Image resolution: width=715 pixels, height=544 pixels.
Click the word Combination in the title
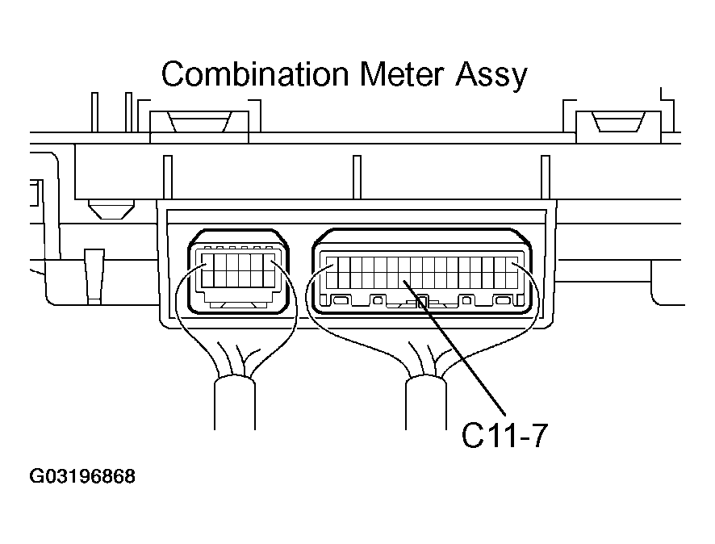254,74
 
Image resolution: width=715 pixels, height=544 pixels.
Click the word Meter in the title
401,74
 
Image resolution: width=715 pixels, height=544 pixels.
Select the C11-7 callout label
504,436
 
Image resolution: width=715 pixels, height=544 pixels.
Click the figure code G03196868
82,476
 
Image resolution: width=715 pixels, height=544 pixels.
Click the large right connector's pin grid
422,273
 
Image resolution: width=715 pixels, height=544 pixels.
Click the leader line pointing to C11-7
454,348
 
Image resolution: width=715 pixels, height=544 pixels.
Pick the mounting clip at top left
199,121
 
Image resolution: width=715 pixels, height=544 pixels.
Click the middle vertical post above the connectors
357,178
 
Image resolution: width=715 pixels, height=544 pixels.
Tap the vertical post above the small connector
168,178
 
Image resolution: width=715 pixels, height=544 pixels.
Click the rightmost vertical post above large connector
546,178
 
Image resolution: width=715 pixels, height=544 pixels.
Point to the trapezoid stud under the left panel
111,209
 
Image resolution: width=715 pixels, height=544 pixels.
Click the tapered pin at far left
94,276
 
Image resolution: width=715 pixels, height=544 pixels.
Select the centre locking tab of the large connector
422,302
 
